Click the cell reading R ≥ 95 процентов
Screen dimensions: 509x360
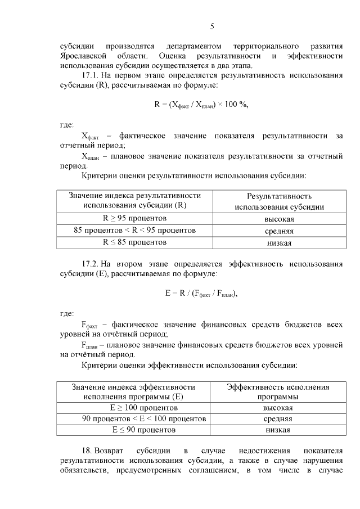(x=134, y=218)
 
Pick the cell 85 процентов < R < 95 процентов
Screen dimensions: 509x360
(x=134, y=231)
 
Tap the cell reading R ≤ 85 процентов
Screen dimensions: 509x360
(x=134, y=242)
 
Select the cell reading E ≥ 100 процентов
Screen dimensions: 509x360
(x=133, y=408)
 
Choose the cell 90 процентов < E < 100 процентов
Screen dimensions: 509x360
(x=133, y=419)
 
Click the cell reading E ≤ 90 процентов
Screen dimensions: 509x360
(x=133, y=430)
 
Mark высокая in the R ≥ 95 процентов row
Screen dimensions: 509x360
(x=279, y=219)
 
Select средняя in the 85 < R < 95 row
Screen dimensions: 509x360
(x=279, y=231)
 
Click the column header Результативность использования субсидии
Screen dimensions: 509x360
(x=279, y=201)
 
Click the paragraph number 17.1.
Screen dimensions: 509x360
(x=91, y=75)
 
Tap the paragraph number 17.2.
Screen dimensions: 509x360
(x=91, y=264)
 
